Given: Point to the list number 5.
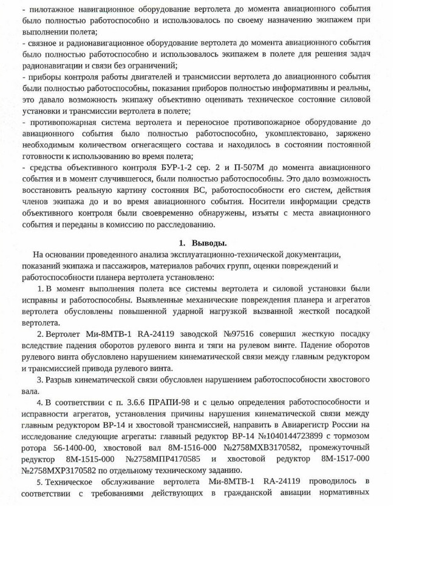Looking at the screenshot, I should pyautogui.click(x=38, y=482).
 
